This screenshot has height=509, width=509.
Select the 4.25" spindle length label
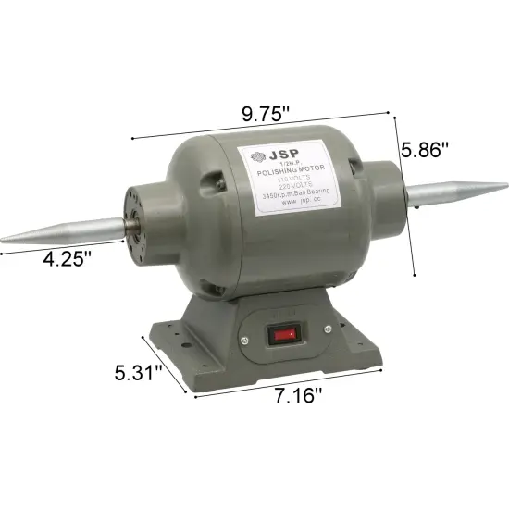point(68,259)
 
